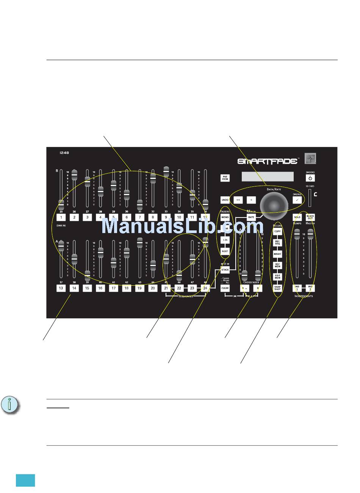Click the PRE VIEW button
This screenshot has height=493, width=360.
click(225, 177)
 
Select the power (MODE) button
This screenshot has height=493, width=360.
click(310, 178)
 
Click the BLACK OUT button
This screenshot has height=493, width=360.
click(310, 218)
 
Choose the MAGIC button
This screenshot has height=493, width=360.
click(277, 254)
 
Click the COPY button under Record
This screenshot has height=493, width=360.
click(277, 231)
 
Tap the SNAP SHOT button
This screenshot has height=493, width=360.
click(277, 288)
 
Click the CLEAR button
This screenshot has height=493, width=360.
click(225, 288)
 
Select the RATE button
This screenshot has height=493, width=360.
click(251, 217)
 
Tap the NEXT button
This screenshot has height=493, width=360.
click(225, 251)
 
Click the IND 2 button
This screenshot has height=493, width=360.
click(310, 288)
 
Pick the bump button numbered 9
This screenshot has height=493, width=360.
click(166, 218)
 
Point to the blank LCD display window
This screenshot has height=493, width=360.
click(267, 177)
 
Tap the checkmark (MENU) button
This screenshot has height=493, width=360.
click(297, 199)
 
